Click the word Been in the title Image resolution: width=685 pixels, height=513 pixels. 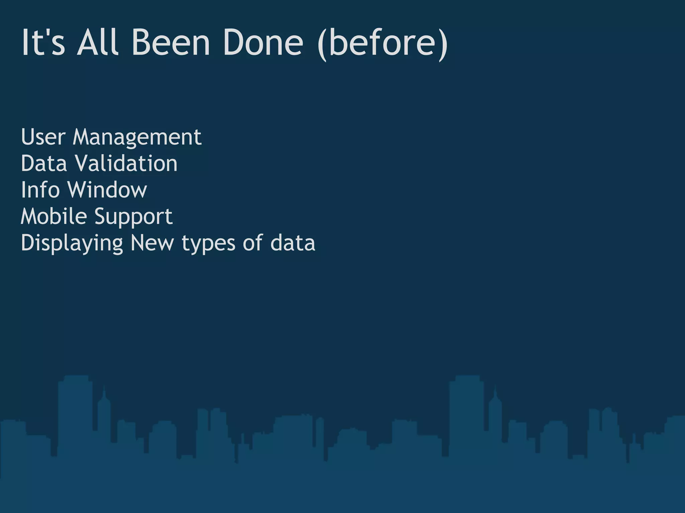pos(171,42)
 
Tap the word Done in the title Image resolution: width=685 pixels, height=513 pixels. pos(263,42)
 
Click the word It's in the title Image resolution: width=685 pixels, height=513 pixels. pos(43,42)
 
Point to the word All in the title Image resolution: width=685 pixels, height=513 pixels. pos(97,42)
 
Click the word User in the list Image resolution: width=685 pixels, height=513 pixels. pos(43,137)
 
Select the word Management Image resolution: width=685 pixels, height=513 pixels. pos(137,138)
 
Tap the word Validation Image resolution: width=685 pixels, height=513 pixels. pos(126,163)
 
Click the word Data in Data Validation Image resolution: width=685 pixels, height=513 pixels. pos(44,163)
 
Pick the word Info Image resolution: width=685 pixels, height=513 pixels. pos(40,190)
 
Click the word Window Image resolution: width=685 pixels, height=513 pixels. pos(107,190)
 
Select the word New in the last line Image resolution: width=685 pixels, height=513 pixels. pos(152,243)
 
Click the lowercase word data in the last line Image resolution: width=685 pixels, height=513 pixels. pos(293,243)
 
